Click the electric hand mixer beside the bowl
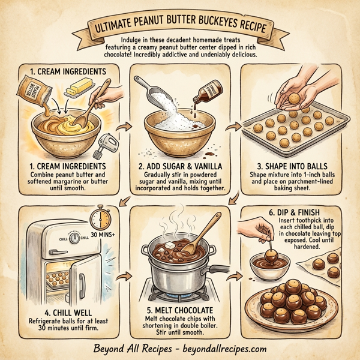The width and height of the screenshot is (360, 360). pyautogui.click(x=106, y=144)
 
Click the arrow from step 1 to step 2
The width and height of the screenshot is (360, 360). pyautogui.click(x=125, y=127)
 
